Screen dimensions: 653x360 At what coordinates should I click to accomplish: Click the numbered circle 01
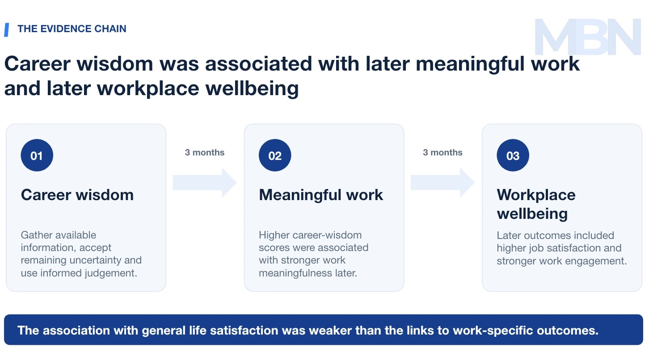37,155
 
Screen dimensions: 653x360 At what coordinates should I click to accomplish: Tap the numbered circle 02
274,155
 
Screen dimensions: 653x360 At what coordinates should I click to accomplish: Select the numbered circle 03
513,155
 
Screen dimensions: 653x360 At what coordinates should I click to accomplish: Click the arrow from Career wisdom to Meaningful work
205,183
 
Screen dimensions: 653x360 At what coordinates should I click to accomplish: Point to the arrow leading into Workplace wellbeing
442,183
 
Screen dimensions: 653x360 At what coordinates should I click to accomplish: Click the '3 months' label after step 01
205,152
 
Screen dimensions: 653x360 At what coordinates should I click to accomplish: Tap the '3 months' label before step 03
442,152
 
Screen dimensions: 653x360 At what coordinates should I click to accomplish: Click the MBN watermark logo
588,37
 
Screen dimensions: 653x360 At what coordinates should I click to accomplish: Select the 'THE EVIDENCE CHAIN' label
72,29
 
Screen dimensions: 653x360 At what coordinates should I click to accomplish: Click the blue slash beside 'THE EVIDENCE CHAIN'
6,30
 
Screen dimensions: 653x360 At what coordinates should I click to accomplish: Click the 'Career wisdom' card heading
77,195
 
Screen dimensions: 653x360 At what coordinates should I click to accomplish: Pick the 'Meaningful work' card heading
321,195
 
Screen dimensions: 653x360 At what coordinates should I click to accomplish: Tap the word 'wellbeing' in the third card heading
532,213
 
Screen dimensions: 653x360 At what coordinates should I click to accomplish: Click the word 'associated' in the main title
259,64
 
